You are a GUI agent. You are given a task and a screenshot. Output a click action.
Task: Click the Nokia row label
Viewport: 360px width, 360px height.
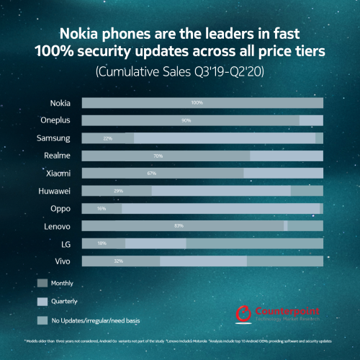(60, 103)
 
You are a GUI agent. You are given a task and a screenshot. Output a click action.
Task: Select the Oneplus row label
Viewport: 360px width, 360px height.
(55, 120)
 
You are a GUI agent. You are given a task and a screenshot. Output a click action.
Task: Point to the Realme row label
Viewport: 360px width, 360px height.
(57, 156)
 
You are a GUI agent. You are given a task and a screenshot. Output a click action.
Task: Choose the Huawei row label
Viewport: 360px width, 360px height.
(55, 191)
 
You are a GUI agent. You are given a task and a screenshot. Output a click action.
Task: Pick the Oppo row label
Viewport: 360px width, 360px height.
(60, 208)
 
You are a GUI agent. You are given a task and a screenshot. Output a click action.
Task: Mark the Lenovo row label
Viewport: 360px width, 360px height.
(57, 226)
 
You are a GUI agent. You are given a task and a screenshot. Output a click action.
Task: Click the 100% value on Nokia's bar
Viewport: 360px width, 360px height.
(197, 103)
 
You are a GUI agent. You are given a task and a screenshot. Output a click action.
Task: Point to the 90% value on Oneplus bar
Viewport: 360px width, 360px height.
(186, 120)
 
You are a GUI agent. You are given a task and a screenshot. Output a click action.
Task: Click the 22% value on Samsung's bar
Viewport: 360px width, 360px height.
(108, 138)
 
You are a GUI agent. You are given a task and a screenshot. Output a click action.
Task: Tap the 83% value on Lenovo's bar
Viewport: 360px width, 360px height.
(179, 226)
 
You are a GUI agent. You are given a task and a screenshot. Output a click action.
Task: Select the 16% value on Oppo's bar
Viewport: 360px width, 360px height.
(102, 208)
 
